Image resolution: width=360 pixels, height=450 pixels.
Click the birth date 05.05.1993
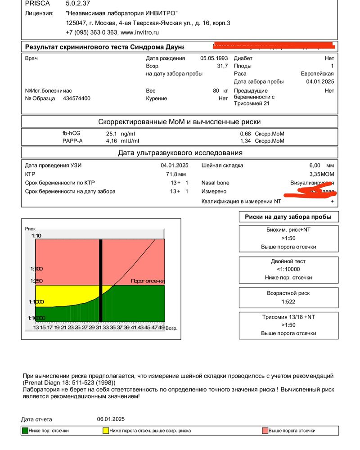tap(214, 58)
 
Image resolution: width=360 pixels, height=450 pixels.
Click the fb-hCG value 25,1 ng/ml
tap(120, 134)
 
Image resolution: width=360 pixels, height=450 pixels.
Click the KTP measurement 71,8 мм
tap(176, 174)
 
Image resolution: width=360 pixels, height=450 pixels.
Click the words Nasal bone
tap(216, 183)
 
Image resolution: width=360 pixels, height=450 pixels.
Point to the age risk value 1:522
tap(288, 301)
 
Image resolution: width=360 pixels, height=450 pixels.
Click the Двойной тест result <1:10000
tap(288, 269)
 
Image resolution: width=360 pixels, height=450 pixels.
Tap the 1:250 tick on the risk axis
tap(36, 281)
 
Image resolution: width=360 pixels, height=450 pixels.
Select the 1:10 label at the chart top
tap(36, 235)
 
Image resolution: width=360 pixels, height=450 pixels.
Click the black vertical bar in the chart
tap(101, 279)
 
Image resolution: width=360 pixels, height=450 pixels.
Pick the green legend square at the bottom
tap(25, 431)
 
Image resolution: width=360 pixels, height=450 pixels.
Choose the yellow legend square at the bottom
tap(106, 431)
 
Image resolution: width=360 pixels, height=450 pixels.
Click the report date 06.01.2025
tap(111, 419)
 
